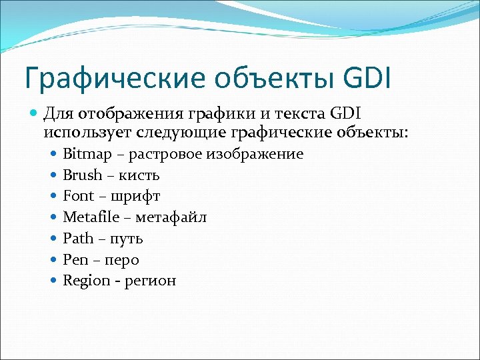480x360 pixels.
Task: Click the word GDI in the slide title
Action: coord(367,77)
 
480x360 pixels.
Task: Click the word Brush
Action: coord(82,175)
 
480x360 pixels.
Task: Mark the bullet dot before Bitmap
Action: coord(53,154)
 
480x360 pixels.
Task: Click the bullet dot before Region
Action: coord(53,280)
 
